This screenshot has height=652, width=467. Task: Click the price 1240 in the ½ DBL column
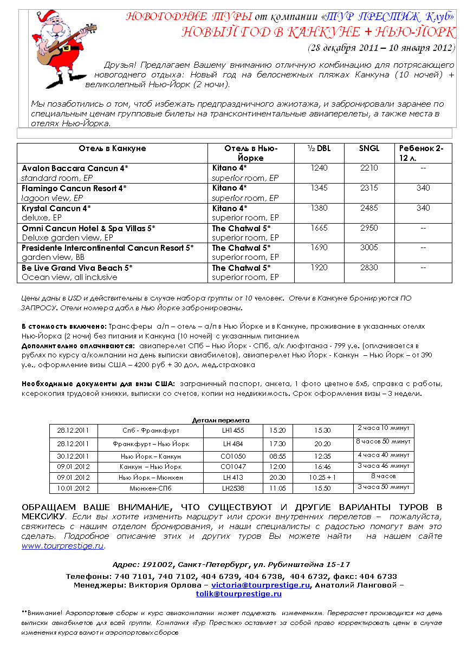pos(320,168)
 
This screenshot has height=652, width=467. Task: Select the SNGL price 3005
pos(369,247)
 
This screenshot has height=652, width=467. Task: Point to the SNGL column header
pos(369,148)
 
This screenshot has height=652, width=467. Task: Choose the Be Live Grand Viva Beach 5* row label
pos(77,268)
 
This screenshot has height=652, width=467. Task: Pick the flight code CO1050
pos(233,457)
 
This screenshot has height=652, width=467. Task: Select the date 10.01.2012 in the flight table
pos(73,488)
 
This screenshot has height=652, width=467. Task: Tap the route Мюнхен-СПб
pos(151,488)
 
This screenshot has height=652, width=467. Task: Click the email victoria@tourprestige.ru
pos(261,585)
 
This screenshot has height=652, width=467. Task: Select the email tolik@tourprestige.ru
pos(239,594)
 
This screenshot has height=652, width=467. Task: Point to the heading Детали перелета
pos(221,420)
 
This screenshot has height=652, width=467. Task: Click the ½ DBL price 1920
pos(320,268)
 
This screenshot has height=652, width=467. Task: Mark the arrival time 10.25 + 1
pos(323,478)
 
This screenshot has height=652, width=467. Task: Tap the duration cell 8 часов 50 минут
pos(383,441)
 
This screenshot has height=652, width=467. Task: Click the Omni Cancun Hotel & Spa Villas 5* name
pos(88,228)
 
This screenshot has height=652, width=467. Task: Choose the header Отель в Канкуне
pos(112,148)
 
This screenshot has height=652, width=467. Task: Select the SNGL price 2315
pos(369,188)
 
